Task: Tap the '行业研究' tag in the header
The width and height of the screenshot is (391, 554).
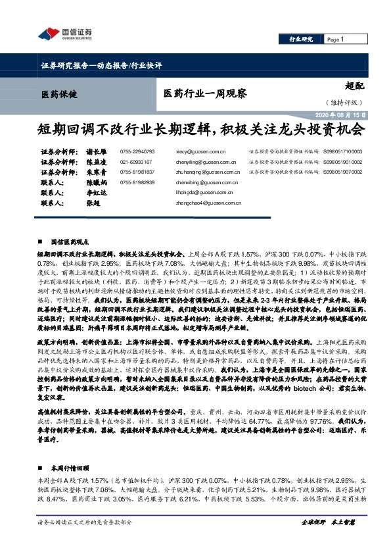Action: click(x=300, y=39)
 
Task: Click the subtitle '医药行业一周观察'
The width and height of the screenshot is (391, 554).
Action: click(x=205, y=93)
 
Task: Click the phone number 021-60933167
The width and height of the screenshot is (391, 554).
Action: click(x=136, y=161)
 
